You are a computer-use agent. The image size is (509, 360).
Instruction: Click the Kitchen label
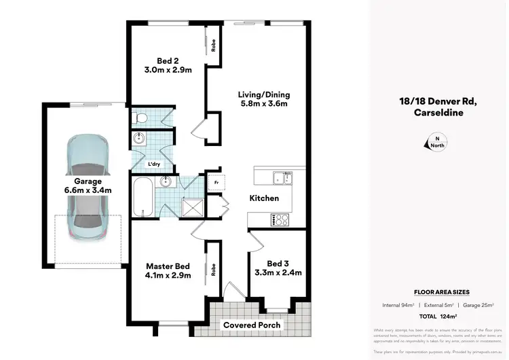pyautogui.click(x=264, y=198)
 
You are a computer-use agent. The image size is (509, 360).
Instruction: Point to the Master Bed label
pyautogui.click(x=168, y=271)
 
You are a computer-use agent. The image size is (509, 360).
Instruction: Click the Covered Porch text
pyautogui.click(x=252, y=325)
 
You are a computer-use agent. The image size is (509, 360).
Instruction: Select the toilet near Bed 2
pyautogui.click(x=140, y=118)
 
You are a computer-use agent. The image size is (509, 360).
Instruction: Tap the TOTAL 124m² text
pyautogui.click(x=438, y=317)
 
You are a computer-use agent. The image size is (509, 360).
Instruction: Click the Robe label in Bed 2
pyautogui.click(x=213, y=47)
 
